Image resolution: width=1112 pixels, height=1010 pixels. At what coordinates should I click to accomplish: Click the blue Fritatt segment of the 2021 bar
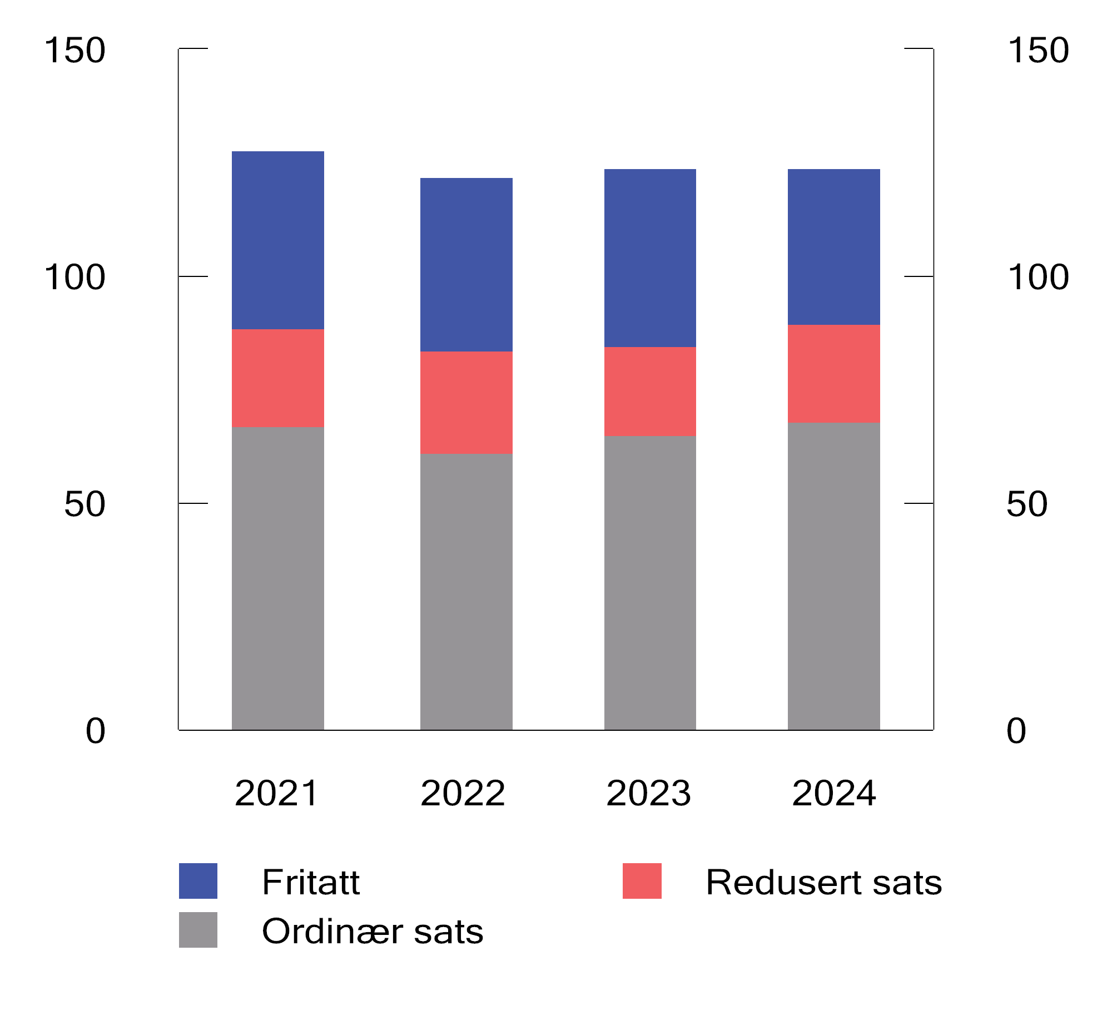pyautogui.click(x=277, y=240)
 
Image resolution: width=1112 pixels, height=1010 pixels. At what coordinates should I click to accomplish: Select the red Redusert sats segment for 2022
pyautogui.click(x=466, y=402)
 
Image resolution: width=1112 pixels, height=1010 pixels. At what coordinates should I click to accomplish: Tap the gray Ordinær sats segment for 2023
pyautogui.click(x=649, y=582)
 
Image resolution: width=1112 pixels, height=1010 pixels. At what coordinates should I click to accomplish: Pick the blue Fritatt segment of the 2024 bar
pyautogui.click(x=833, y=247)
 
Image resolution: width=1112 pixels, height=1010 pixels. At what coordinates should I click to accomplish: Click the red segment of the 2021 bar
pyautogui.click(x=277, y=378)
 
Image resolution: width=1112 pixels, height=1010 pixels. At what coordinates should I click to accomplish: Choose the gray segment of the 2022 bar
pyautogui.click(x=466, y=591)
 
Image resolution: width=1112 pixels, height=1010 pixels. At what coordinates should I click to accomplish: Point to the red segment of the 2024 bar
pyautogui.click(x=833, y=373)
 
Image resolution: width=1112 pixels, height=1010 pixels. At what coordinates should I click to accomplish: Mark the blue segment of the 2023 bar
pyautogui.click(x=649, y=258)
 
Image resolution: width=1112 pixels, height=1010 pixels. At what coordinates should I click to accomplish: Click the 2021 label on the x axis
pyautogui.click(x=276, y=793)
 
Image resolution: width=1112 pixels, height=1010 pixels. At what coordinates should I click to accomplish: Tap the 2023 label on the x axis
pyautogui.click(x=648, y=793)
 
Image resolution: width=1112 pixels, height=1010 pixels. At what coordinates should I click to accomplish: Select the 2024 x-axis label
pyautogui.click(x=834, y=793)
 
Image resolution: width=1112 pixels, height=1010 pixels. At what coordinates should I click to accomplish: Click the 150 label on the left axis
pyautogui.click(x=75, y=50)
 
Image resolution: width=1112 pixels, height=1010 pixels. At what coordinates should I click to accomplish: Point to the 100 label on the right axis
pyautogui.click(x=1037, y=277)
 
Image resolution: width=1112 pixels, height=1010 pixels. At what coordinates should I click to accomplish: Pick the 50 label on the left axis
pyautogui.click(x=85, y=504)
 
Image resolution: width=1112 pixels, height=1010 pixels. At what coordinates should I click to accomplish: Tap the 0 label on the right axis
pyautogui.click(x=1016, y=731)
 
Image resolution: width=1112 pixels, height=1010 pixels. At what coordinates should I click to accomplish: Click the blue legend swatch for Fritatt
pyautogui.click(x=198, y=881)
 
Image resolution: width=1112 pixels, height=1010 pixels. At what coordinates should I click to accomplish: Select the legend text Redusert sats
pyautogui.click(x=823, y=882)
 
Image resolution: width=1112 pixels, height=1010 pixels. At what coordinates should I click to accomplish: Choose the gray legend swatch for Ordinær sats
pyautogui.click(x=198, y=929)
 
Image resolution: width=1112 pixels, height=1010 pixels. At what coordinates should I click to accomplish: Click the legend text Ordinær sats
pyautogui.click(x=372, y=931)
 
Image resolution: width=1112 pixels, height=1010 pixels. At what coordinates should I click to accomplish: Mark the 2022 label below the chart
pyautogui.click(x=463, y=793)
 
